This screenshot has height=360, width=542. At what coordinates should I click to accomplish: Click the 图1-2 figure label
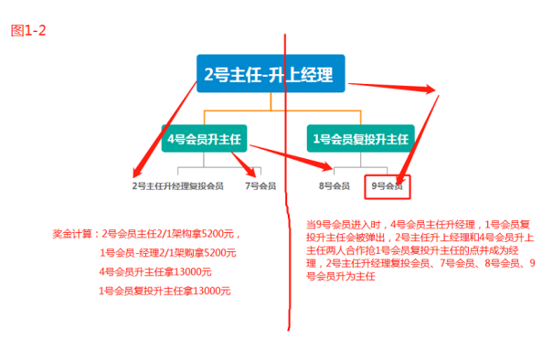click(27, 30)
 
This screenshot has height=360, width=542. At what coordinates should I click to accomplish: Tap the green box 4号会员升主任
click(205, 140)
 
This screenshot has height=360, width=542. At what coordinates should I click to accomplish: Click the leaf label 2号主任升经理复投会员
click(178, 185)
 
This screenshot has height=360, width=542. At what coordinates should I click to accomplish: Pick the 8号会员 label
click(335, 185)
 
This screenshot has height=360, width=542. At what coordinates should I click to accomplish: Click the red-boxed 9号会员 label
click(387, 185)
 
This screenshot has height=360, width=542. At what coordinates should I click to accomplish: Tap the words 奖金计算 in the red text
click(75, 234)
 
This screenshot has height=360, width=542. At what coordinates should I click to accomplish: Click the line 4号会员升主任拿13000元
click(155, 271)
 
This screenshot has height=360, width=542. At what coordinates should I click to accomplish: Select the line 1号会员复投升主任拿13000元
click(165, 291)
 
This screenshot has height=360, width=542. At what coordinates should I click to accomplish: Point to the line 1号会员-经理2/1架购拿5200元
click(167, 253)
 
